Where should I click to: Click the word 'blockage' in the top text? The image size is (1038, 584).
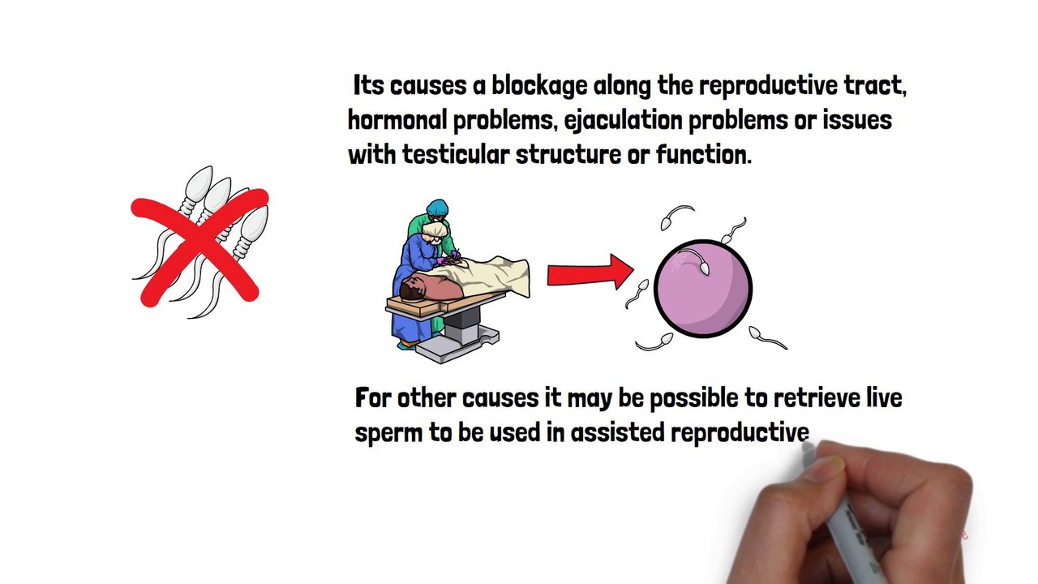539,86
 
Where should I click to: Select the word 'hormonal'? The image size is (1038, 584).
397,121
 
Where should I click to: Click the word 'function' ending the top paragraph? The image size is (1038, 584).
701,155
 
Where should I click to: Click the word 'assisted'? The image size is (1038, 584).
618,433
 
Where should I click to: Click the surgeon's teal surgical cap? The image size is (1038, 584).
438,208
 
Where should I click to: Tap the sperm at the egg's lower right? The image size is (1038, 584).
756,332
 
